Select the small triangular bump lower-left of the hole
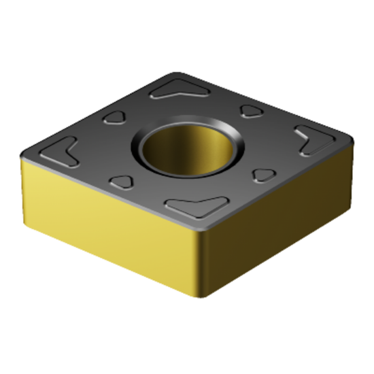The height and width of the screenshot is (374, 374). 122,181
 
